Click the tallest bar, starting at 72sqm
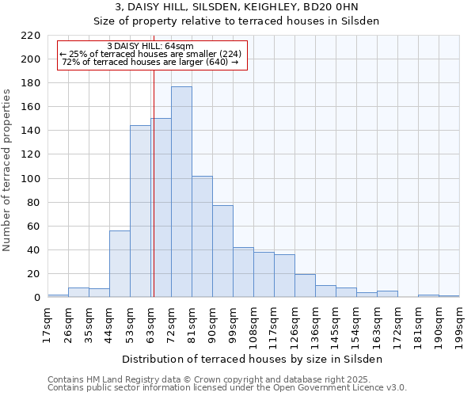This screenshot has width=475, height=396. tap(181, 192)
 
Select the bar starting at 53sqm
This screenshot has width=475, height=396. tap(140, 211)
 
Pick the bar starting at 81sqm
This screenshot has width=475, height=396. tap(202, 237)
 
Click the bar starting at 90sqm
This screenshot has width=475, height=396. tap(222, 251)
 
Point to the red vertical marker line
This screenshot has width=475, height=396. tap(154, 182)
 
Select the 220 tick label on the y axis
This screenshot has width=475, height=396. tap(31, 36)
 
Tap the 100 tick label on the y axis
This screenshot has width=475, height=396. tap(31, 179)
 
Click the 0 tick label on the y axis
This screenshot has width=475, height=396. tap(36, 298)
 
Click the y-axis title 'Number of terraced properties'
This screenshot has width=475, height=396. tap(7, 170)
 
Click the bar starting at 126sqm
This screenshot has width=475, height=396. tap(305, 286)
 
